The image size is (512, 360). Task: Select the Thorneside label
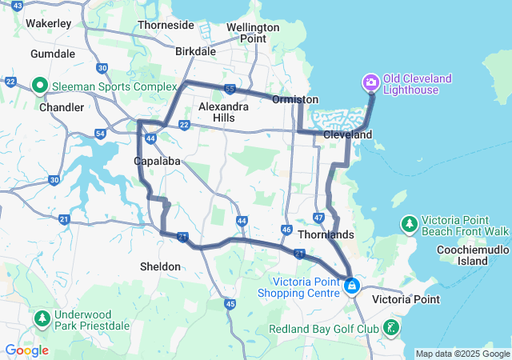166,25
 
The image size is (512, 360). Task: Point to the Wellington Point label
252,33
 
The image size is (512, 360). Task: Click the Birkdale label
196,51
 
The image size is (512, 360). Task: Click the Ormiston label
295,99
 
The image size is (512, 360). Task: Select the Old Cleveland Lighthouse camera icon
370,82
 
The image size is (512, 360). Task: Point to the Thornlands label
326,236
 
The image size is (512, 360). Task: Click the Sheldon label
160,266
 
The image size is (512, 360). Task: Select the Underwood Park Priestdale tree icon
41,320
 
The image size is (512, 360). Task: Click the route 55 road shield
230,89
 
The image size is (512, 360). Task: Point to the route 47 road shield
318,218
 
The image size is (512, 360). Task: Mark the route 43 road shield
18,6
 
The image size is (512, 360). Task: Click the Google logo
26,350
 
